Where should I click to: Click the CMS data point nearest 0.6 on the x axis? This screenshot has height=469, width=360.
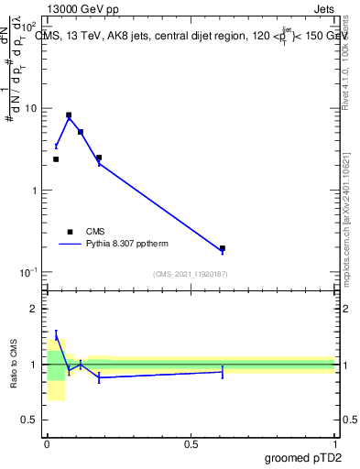(223, 248)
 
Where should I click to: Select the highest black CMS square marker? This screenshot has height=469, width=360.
(69, 115)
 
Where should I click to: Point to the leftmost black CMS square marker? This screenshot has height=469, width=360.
(56, 159)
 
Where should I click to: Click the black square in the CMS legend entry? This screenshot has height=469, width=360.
(70, 232)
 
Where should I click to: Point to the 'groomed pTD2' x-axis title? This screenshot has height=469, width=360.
(304, 457)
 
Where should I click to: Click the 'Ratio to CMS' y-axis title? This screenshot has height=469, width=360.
(15, 364)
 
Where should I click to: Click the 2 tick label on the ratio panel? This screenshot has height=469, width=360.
(36, 310)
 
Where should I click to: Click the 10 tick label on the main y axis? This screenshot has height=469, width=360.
(31, 109)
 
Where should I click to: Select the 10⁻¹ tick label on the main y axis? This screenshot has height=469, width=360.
(29, 272)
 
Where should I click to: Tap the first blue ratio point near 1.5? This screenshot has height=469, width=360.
(56, 336)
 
